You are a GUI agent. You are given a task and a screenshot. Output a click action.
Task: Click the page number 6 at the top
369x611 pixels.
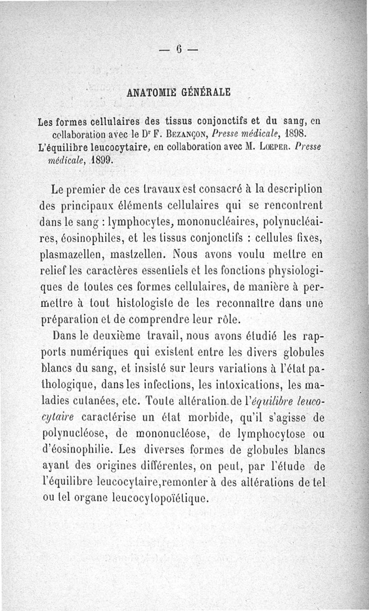click(179, 48)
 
